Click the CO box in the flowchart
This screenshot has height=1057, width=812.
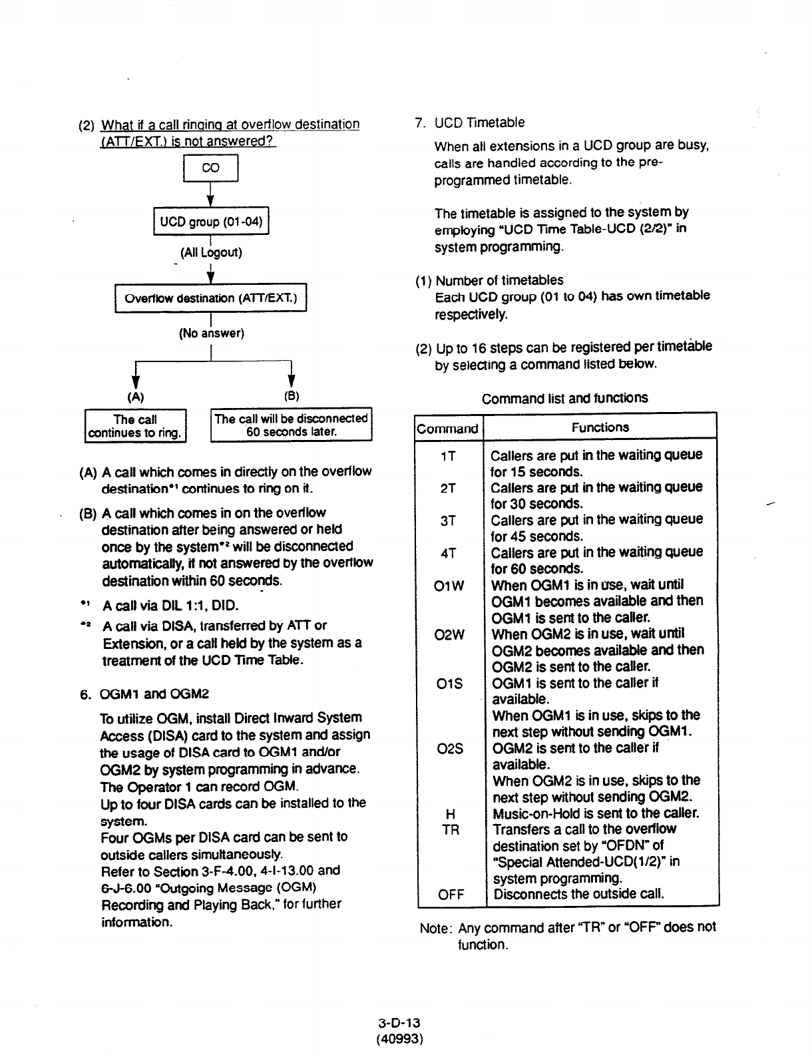pyautogui.click(x=210, y=168)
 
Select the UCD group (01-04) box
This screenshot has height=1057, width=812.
pyautogui.click(x=211, y=221)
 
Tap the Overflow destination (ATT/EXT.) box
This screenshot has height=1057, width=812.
pyautogui.click(x=210, y=298)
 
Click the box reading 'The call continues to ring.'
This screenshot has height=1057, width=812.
pyautogui.click(x=136, y=426)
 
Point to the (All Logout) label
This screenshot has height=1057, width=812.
pyautogui.click(x=211, y=253)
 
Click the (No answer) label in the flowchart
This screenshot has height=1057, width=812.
pyautogui.click(x=212, y=333)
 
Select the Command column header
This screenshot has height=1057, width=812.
pyautogui.click(x=447, y=428)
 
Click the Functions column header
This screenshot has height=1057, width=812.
pyautogui.click(x=600, y=427)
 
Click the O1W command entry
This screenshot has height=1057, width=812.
pyautogui.click(x=449, y=586)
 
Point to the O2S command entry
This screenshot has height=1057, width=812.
pyautogui.click(x=451, y=748)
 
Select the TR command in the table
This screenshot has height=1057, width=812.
pyautogui.click(x=451, y=830)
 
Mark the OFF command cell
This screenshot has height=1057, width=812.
pyautogui.click(x=451, y=895)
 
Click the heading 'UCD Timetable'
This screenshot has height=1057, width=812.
pyautogui.click(x=479, y=122)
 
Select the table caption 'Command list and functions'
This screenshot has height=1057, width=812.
pyautogui.click(x=564, y=398)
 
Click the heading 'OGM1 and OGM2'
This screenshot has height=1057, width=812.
pyautogui.click(x=154, y=694)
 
